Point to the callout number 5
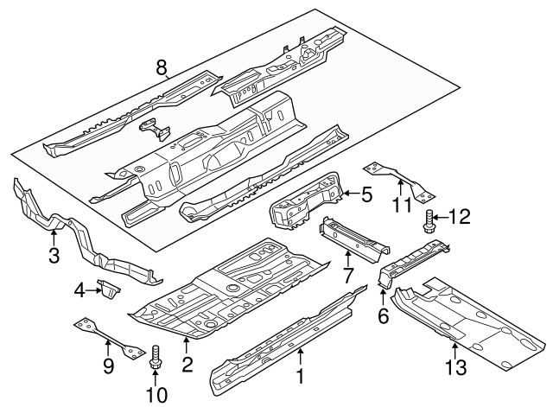pos(366,195)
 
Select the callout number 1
pos(300,378)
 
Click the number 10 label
pos(156,394)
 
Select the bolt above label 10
pos(156,357)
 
